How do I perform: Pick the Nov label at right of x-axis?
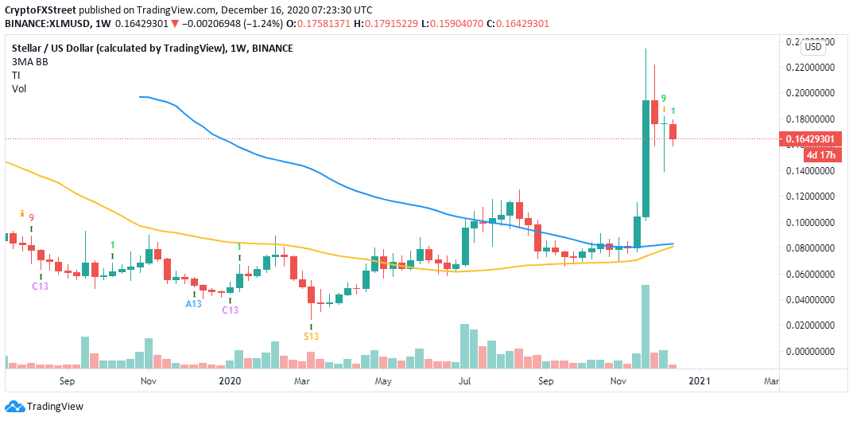(x=618, y=381)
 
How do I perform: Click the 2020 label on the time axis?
(x=228, y=381)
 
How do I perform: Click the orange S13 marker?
(x=312, y=337)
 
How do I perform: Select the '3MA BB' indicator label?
(x=28, y=62)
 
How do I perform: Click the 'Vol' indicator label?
(x=18, y=89)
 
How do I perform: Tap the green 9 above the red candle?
(x=663, y=98)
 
